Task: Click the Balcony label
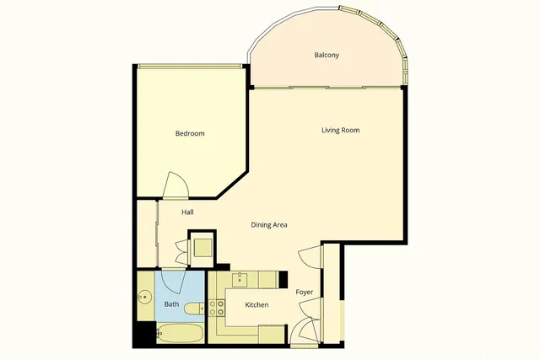coord(327,56)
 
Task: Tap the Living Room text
coord(340,130)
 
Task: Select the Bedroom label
coord(190,134)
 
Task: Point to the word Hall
coord(188,212)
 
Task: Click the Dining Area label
coord(269,225)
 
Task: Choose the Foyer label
coord(305,293)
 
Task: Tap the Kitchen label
coord(256,304)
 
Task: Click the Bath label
coord(171,304)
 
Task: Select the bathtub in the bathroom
coord(180,333)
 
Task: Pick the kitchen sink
coord(240,279)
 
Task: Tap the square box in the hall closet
coord(202,247)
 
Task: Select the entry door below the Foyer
coord(304,332)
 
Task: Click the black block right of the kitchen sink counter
coord(283,278)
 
